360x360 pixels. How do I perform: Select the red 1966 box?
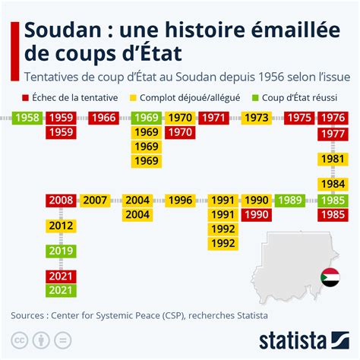(103, 118)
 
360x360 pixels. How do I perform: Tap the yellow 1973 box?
(256, 118)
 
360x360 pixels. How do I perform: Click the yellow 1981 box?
(331, 159)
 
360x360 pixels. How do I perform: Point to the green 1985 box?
(331, 201)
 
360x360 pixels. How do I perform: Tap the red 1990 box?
(256, 215)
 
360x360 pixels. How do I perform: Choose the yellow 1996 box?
(179, 201)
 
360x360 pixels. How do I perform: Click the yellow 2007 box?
(95, 201)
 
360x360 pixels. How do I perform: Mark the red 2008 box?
(60, 201)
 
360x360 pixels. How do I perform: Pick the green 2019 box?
(60, 251)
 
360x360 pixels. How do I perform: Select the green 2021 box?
(60, 291)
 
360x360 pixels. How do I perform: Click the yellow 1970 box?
(179, 118)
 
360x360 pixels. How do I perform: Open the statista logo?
(302, 339)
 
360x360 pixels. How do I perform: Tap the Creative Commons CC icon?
(17, 338)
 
